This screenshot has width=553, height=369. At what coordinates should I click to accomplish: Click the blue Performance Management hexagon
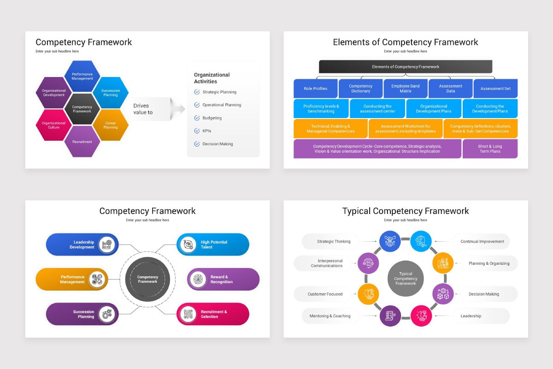[x=82, y=76]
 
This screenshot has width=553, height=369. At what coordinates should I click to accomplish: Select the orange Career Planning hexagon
[x=111, y=125]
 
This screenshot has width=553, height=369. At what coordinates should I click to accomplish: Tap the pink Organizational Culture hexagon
[x=54, y=125]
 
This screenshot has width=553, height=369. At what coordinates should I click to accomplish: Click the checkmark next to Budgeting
[x=197, y=118]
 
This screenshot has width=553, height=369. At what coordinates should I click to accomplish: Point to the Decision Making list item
[x=218, y=144]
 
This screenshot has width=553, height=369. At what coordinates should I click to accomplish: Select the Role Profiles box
[x=316, y=89]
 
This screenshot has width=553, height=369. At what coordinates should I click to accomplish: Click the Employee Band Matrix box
[x=406, y=89]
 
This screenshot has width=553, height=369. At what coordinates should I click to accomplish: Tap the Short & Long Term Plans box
[x=490, y=149]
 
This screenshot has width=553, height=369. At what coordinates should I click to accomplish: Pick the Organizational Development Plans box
[x=434, y=109]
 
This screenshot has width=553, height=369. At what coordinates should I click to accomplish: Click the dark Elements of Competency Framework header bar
[x=406, y=66]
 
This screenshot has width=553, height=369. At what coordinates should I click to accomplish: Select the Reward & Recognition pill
[x=224, y=280]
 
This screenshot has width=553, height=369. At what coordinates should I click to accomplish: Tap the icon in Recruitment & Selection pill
[x=188, y=314]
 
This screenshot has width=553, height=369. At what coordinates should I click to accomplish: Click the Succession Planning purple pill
[x=82, y=314]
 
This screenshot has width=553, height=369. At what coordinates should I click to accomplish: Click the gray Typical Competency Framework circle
[x=406, y=279]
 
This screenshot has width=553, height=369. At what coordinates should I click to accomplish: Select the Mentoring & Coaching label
[x=336, y=316]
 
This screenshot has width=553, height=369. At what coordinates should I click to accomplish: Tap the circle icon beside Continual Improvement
[x=421, y=241]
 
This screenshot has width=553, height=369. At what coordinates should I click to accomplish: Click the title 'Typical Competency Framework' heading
[x=406, y=211]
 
